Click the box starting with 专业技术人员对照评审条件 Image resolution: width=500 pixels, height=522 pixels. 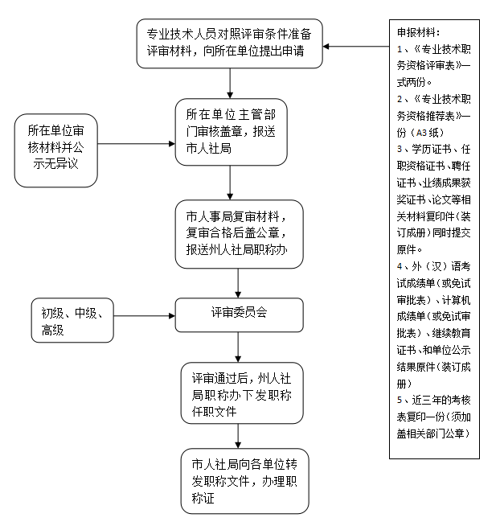click(230, 43)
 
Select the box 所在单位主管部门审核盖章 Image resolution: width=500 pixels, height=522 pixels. click(232, 132)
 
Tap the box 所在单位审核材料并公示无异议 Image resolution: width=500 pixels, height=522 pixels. click(56, 150)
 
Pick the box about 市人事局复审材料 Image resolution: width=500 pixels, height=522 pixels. click(240, 234)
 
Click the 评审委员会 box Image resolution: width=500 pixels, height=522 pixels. click(240, 315)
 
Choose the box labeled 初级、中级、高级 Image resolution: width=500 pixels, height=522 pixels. click(72, 320)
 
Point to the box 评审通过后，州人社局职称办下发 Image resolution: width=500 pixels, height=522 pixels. click(242, 393)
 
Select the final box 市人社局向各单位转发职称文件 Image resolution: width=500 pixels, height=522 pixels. click(245, 481)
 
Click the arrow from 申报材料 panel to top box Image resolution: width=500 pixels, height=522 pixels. click(356, 47)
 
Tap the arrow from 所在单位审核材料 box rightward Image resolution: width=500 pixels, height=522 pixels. click(137, 144)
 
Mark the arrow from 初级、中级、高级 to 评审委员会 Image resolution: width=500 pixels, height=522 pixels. click(145, 315)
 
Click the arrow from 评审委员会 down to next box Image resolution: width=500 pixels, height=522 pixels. click(238, 347)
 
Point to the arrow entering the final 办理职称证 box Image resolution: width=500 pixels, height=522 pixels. click(238, 436)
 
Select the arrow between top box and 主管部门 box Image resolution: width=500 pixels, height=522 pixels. click(230, 83)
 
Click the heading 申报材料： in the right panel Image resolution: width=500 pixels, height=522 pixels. click(419, 32)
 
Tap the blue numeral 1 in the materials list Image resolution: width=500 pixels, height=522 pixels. click(400, 49)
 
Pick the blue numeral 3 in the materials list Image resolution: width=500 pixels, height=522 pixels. click(400, 149)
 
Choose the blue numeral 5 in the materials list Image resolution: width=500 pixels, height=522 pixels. click(400, 400)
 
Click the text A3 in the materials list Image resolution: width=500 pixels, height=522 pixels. click(421, 133)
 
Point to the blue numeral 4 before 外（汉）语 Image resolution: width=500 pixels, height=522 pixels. click(400, 266)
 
